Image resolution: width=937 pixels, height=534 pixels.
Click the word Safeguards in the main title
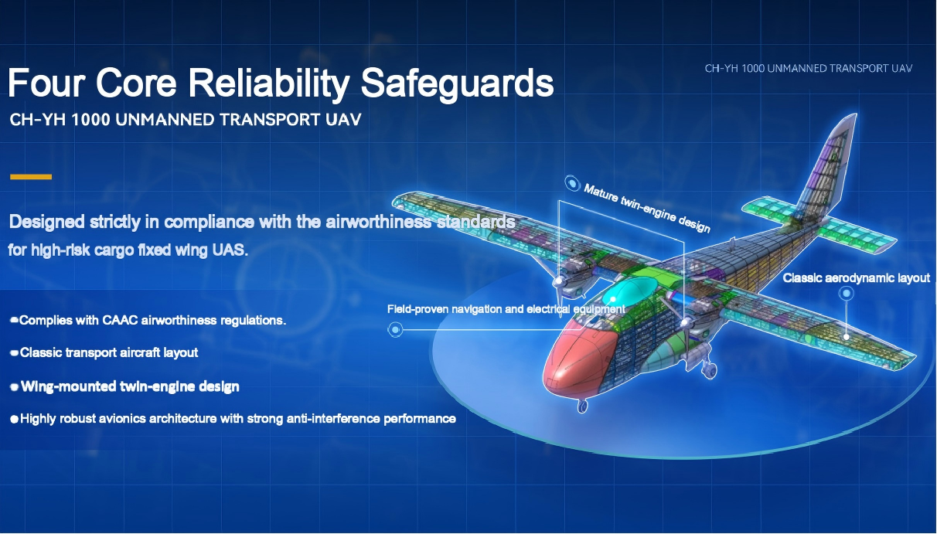457,83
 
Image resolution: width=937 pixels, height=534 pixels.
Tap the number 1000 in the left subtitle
90,120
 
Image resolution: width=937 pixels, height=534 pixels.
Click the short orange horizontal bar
31,177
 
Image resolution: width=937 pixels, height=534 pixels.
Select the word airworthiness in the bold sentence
378,222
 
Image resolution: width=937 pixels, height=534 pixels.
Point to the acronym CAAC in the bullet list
120,320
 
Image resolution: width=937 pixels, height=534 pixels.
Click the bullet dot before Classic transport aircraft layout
14,353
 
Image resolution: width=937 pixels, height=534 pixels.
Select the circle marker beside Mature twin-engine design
572,183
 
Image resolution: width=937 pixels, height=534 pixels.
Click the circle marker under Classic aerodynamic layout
847,294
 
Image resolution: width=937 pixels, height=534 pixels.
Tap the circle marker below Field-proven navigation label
395,329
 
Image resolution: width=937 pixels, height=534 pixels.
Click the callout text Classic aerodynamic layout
857,278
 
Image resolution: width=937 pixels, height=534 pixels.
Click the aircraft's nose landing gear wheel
582,406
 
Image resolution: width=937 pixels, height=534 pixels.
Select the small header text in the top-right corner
808,69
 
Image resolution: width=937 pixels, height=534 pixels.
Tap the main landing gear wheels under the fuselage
710,369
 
